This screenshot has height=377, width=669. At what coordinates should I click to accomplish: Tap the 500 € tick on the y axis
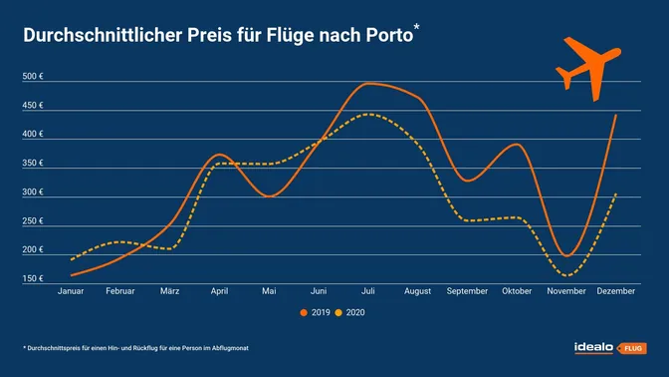36,77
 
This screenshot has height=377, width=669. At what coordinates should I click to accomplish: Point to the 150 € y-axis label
36,278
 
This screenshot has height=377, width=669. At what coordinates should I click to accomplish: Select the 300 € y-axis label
36,191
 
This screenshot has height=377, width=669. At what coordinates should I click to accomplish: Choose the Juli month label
368,291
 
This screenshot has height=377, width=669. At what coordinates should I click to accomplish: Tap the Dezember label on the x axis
616,291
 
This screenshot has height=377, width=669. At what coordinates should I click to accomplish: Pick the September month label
468,291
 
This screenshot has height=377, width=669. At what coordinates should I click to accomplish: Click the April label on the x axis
220,291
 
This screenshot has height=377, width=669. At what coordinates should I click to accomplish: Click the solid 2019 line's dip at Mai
269,196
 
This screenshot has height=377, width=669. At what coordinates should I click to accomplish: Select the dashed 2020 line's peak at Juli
368,114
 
